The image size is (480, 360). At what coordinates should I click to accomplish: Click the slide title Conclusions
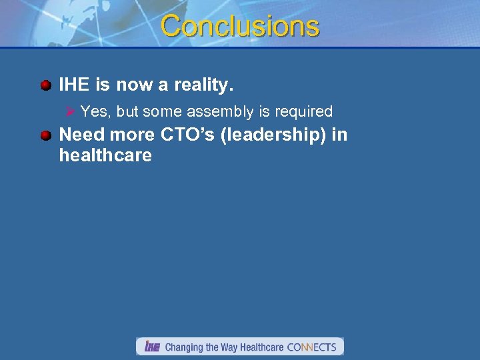coord(240,27)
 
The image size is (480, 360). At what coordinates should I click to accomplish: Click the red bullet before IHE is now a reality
coord(45,85)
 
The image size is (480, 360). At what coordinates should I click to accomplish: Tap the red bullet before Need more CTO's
coord(45,135)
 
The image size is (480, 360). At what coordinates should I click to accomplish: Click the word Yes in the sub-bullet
coord(95,111)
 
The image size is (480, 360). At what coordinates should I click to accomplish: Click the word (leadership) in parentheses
coord(276,135)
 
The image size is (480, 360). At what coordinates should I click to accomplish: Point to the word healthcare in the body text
coord(105,156)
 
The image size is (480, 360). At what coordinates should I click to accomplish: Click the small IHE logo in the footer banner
coord(152,347)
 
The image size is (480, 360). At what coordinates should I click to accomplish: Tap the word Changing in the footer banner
coord(185,347)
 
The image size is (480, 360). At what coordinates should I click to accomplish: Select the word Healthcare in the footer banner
coord(262,347)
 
